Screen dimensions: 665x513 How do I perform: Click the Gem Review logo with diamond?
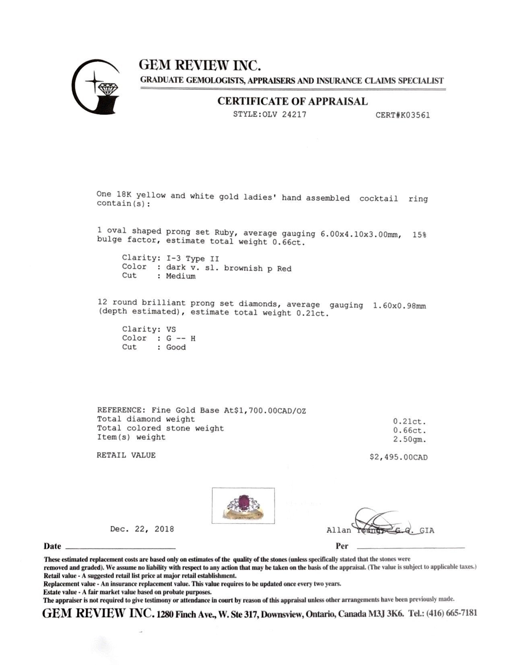pos(96,86)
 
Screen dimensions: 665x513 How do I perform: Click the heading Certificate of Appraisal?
pos(293,101)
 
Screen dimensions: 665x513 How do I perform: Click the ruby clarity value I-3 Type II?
pos(193,258)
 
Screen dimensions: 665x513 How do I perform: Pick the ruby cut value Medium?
pos(181,276)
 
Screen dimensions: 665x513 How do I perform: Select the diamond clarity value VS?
pos(171,329)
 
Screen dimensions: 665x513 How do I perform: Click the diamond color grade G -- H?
pos(181,339)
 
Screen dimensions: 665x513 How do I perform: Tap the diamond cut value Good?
pos(176,347)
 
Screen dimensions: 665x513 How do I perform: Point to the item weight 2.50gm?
pos(410,439)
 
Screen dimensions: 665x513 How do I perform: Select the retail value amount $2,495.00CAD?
pos(398,457)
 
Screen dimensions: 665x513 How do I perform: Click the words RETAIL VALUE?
pos(126,455)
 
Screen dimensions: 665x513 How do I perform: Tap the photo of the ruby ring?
pos(243,505)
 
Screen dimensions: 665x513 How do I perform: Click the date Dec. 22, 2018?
pos(142,529)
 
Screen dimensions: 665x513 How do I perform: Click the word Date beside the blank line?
pos(52,547)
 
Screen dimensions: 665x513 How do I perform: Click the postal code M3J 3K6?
pos(385,614)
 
